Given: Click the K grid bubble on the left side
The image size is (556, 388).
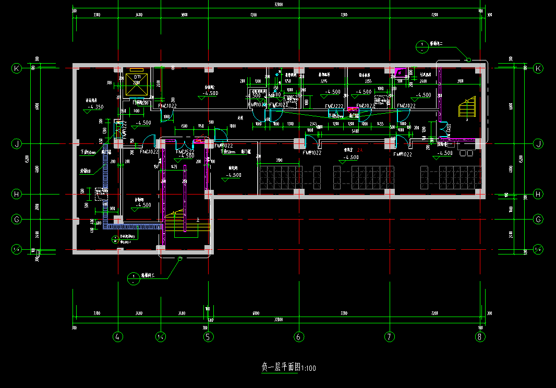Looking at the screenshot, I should coord(17,68).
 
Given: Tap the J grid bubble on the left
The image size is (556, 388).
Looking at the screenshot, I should coord(17,143).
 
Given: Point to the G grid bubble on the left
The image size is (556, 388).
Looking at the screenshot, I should coord(17,220).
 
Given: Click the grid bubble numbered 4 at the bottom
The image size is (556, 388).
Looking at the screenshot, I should coord(118,337).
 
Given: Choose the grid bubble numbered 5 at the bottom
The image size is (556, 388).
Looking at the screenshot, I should coord(208,337).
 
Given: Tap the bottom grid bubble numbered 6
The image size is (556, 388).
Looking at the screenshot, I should coord(299,337).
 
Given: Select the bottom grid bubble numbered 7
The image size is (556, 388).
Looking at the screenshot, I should coord(389,337).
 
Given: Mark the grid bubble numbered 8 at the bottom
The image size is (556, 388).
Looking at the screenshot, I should coord(480,337).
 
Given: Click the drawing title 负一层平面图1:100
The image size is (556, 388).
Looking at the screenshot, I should coord(288,368).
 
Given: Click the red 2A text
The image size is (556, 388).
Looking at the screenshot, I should coord(359,150).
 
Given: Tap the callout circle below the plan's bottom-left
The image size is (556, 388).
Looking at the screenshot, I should coord(134,278).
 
